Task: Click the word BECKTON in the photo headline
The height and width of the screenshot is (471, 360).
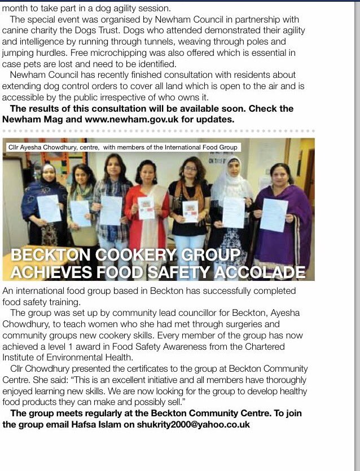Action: [47, 255]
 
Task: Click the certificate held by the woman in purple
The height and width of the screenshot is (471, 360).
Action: [274, 215]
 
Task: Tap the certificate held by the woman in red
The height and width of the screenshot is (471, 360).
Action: [146, 208]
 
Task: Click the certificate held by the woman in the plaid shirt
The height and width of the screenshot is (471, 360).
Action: [111, 210]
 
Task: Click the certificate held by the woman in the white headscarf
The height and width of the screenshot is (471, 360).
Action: [233, 213]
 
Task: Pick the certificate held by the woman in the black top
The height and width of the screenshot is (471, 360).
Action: [190, 211]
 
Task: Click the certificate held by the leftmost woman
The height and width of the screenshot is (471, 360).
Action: [49, 208]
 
